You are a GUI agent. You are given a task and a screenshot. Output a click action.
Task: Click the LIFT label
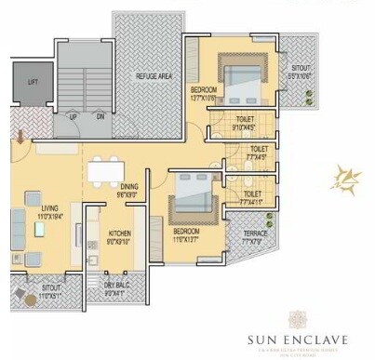tap(32, 83)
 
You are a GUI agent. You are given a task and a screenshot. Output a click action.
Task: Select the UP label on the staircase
tap(73, 118)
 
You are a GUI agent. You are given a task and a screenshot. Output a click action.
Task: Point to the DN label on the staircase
tap(100, 118)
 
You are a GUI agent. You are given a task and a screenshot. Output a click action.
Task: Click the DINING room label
tap(129, 187)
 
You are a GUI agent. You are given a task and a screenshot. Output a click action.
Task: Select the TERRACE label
tap(255, 233)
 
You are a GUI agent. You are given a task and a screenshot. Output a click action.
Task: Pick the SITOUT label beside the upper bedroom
tap(300, 68)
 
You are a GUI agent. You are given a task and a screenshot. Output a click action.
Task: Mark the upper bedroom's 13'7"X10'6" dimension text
tap(203, 96)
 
